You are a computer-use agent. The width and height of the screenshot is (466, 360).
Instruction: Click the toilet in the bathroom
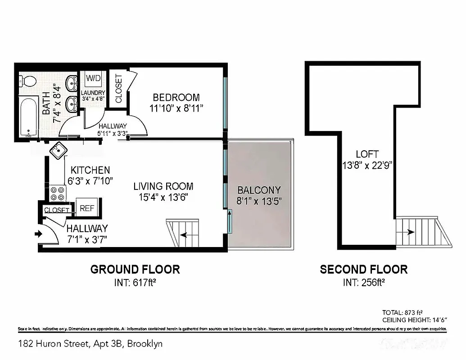click(29, 81)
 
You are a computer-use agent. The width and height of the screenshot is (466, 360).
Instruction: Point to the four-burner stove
click(57, 193)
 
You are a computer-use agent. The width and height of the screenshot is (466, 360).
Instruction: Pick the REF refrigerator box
click(86, 208)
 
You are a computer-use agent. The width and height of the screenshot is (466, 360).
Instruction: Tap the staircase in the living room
click(183, 233)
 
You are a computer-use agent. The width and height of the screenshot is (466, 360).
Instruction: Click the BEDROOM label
click(176, 98)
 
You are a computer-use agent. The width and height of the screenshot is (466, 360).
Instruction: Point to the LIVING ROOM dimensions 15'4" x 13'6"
click(163, 197)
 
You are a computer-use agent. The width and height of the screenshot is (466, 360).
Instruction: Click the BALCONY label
click(259, 190)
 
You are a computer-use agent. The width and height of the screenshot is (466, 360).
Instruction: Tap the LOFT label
click(367, 154)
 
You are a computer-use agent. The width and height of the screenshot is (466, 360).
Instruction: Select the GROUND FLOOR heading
click(135, 270)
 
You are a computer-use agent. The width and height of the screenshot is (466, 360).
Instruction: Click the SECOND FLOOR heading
click(363, 270)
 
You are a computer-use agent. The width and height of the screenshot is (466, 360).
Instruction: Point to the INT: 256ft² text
click(363, 283)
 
